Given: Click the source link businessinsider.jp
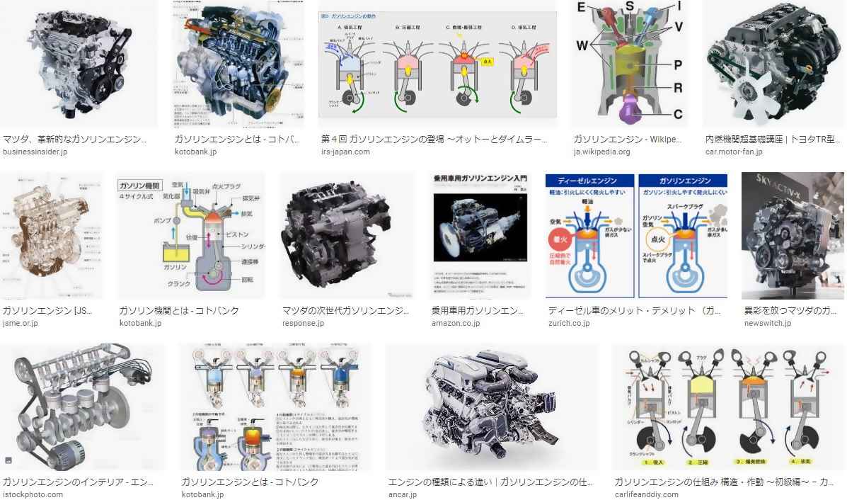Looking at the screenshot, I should click(35, 152).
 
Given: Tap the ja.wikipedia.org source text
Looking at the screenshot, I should click(601, 152).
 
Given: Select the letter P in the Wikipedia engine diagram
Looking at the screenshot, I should click(677, 65).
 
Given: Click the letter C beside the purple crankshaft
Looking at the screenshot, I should click(677, 114).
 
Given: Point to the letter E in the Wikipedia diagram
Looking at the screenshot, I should click(581, 8).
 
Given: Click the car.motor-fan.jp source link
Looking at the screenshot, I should click(734, 152).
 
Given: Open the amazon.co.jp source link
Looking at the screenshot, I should click(455, 323).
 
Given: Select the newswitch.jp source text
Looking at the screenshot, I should click(768, 323).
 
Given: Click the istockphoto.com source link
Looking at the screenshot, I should click(33, 494).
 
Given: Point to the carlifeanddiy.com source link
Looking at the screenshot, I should click(646, 494).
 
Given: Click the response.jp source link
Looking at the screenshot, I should click(303, 323).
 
